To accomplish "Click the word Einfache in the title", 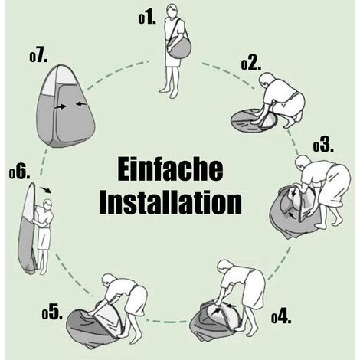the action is click(170, 169).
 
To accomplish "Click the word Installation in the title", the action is click(170, 202).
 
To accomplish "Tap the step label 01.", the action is click(147, 18).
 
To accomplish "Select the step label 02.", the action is click(251, 64).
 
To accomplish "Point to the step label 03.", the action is click(323, 146).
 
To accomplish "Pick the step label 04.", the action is click(281, 317).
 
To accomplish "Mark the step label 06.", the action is click(19, 173).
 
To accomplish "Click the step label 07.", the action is click(38, 56).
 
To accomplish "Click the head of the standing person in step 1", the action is click(172, 11).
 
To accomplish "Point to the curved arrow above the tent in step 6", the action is click(46, 189).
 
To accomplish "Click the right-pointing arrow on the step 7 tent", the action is click(61, 106).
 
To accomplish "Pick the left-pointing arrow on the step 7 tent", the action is click(82, 103).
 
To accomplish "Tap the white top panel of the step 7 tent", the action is click(59, 80).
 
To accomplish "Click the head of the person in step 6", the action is click(47, 205).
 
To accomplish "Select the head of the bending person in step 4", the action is click(225, 267).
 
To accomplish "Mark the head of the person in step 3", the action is click(303, 162).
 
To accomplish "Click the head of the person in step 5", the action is click(109, 280).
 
